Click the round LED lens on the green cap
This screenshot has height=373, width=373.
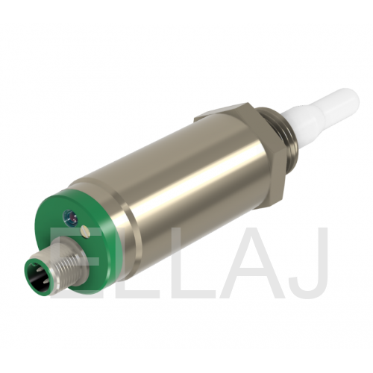(x=69, y=215)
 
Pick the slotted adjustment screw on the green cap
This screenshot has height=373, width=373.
(x=85, y=231)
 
